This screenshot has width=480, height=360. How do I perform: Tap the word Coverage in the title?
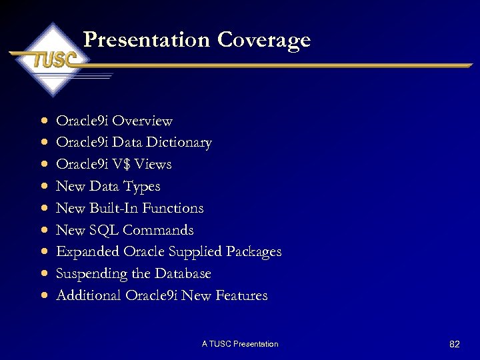pos(264,40)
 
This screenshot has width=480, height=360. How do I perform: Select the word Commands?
pos(158,230)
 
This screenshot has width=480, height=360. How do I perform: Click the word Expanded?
pos(88,252)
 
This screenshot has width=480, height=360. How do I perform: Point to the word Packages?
pos(254,252)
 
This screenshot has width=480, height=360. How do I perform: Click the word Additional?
pos(89,295)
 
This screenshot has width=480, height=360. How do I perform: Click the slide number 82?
pos(455,344)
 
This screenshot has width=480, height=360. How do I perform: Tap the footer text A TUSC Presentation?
pos(240,344)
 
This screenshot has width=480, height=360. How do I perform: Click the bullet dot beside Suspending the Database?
pos(43,274)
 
